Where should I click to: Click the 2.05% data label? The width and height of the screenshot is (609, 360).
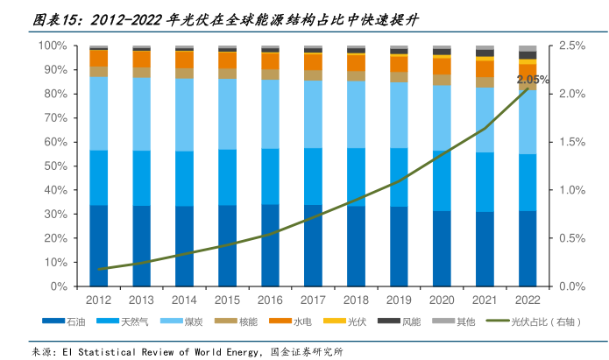(533, 80)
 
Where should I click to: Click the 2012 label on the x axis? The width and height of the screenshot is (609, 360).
(99, 300)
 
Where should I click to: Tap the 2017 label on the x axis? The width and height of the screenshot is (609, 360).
(314, 300)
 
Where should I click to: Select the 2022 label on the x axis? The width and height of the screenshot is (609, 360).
(528, 300)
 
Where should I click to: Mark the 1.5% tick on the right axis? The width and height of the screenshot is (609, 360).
(572, 142)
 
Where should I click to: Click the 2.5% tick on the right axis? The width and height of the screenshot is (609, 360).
(572, 46)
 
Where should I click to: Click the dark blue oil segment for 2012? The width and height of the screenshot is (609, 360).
(99, 245)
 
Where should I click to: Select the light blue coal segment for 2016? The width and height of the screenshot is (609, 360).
(271, 114)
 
